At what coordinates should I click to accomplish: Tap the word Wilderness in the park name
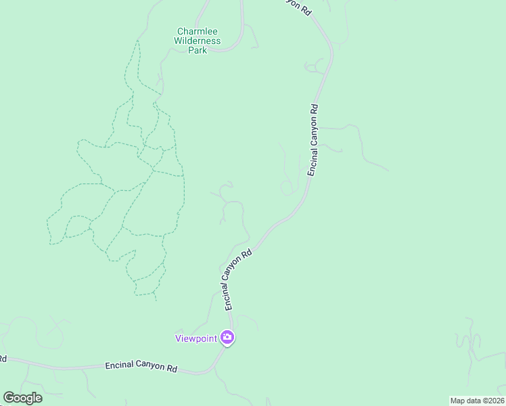pyautogui.click(x=198, y=41)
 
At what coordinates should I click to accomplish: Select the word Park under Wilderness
pyautogui.click(x=198, y=50)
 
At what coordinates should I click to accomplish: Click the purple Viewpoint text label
pyautogui.click(x=196, y=338)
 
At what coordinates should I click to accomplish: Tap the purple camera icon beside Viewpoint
pyautogui.click(x=227, y=337)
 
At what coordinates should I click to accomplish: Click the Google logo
pyautogui.click(x=22, y=398)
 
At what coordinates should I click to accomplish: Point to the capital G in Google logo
pyautogui.click(x=9, y=398)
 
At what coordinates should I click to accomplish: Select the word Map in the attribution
pyautogui.click(x=457, y=401)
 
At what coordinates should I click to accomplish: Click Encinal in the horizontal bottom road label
pyautogui.click(x=119, y=366)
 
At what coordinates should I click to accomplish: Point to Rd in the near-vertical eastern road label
pyautogui.click(x=315, y=108)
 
